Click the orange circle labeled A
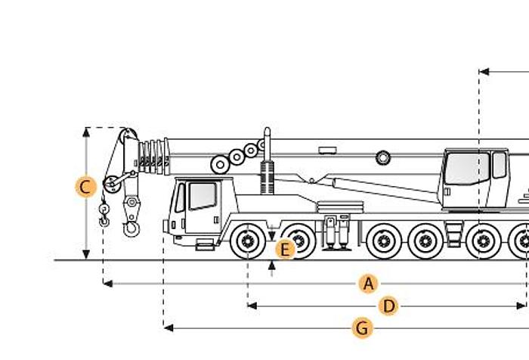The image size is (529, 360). click(x=368, y=284)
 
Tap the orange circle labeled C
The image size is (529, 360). click(x=86, y=186)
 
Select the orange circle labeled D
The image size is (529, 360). click(x=388, y=306)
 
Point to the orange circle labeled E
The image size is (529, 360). click(x=285, y=249)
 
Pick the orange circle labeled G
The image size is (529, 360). click(x=363, y=328)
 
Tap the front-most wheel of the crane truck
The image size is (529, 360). click(x=246, y=241)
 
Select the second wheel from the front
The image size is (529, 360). click(x=300, y=241)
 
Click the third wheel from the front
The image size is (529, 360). click(x=383, y=241)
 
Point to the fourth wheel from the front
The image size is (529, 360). click(x=425, y=241)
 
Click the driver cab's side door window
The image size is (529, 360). click(x=202, y=196)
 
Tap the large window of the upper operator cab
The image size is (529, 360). click(x=467, y=169)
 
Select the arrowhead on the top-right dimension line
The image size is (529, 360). click(x=483, y=72)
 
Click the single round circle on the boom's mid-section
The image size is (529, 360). click(x=383, y=157)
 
